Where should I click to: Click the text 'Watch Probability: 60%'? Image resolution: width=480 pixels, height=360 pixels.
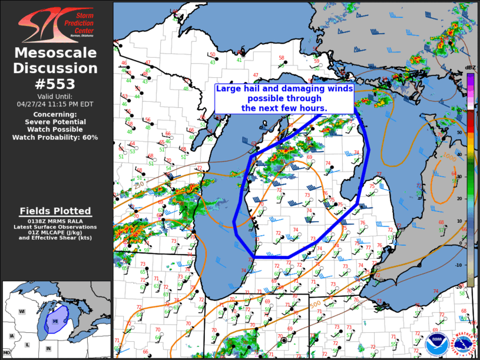point(55,137)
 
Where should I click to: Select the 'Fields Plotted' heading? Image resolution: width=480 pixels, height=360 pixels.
point(55,211)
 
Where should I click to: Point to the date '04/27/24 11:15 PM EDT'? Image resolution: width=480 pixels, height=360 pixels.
point(55,104)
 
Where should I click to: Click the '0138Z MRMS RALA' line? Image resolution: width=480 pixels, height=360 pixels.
point(55,221)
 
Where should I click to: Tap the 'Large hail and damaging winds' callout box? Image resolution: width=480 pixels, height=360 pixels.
point(284,98)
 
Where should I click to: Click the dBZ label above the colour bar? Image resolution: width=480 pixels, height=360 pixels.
point(470,68)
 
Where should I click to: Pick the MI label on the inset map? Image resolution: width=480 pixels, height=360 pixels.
point(55,321)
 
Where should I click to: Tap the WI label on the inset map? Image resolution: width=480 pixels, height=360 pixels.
point(21,311)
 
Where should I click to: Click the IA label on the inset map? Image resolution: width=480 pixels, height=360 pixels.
point(11,336)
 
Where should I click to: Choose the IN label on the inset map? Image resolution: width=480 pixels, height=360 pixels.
point(48,348)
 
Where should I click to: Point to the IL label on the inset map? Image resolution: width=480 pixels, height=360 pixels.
point(27,344)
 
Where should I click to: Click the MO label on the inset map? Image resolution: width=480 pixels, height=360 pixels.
point(6,352)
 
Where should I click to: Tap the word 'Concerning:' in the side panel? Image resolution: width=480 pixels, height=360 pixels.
point(55,114)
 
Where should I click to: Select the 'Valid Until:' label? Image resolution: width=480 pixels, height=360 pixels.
point(55,95)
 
